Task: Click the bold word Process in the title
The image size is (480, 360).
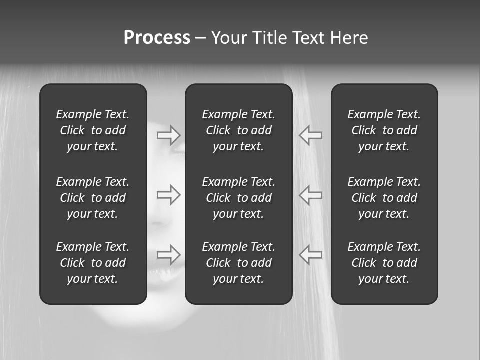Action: click(x=157, y=38)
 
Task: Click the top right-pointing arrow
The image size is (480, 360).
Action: click(x=168, y=135)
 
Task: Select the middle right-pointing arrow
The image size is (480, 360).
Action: click(x=168, y=195)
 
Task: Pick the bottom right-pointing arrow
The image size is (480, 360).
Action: click(x=168, y=255)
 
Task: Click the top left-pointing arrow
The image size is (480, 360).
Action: click(x=310, y=135)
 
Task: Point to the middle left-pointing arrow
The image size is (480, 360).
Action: click(x=310, y=195)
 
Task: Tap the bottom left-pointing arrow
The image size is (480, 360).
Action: click(x=310, y=255)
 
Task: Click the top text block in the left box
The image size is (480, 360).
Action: click(x=93, y=130)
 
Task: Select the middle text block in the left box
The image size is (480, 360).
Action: click(x=93, y=198)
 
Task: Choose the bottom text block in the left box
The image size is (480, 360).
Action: click(x=93, y=263)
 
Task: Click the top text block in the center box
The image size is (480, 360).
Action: click(x=239, y=130)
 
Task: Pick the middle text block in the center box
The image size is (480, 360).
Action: click(x=239, y=198)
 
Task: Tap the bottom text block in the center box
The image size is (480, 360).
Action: click(x=239, y=263)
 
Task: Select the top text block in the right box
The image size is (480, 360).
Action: click(x=384, y=130)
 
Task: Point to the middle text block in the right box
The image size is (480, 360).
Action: click(x=384, y=198)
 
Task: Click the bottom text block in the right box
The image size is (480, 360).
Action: click(x=384, y=263)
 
